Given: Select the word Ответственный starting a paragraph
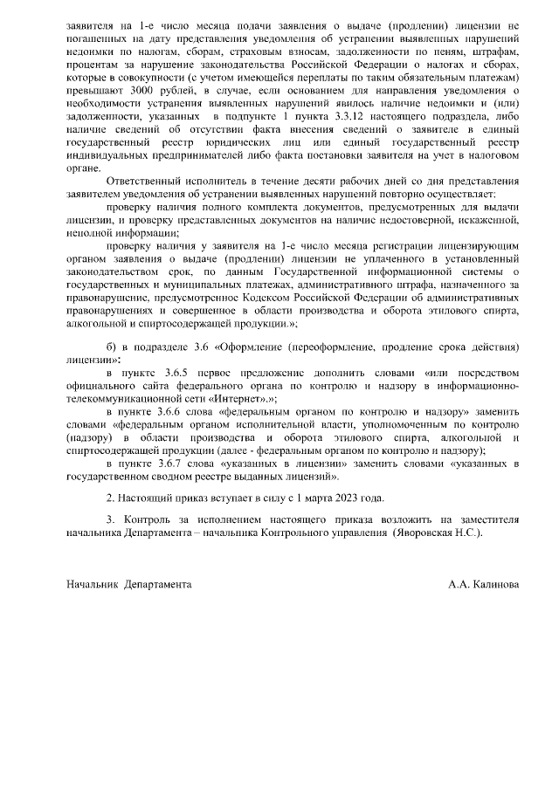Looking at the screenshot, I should [144, 178].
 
